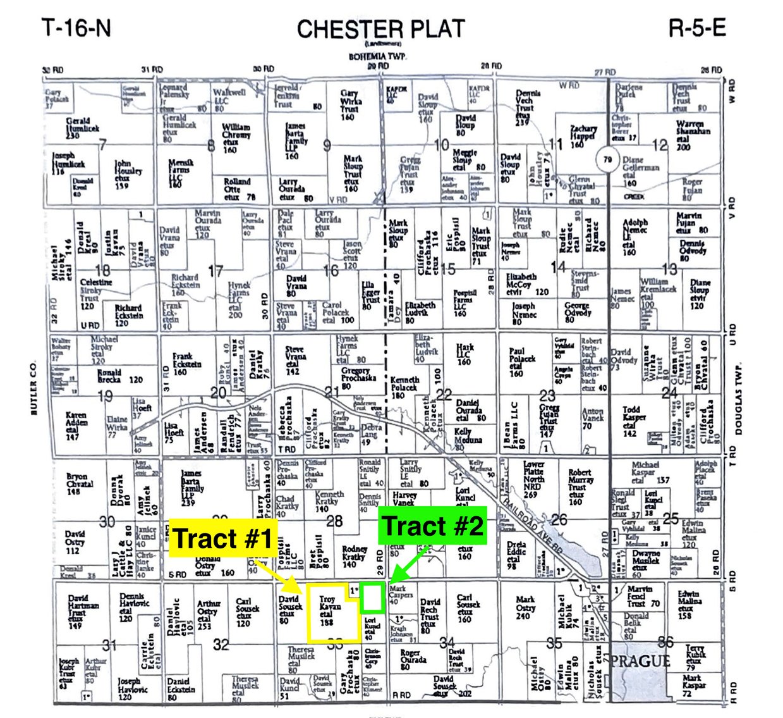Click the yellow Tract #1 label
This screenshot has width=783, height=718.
tap(223, 538)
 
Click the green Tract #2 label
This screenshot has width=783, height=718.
tap(433, 526)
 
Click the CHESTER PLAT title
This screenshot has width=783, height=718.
tap(381, 29)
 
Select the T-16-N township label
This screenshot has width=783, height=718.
tap(76, 28)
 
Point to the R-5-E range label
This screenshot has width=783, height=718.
tap(697, 28)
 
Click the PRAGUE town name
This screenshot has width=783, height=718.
tap(640, 662)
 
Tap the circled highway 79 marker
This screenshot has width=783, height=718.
tap(608, 159)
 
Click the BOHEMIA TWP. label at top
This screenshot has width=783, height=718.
tap(378, 57)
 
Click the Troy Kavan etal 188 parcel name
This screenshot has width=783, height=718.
tap(328, 610)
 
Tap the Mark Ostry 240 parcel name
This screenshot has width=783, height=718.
tap(525, 607)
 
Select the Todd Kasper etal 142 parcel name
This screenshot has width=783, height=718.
tap(632, 421)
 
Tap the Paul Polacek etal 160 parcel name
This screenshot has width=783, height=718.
tap(522, 362)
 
